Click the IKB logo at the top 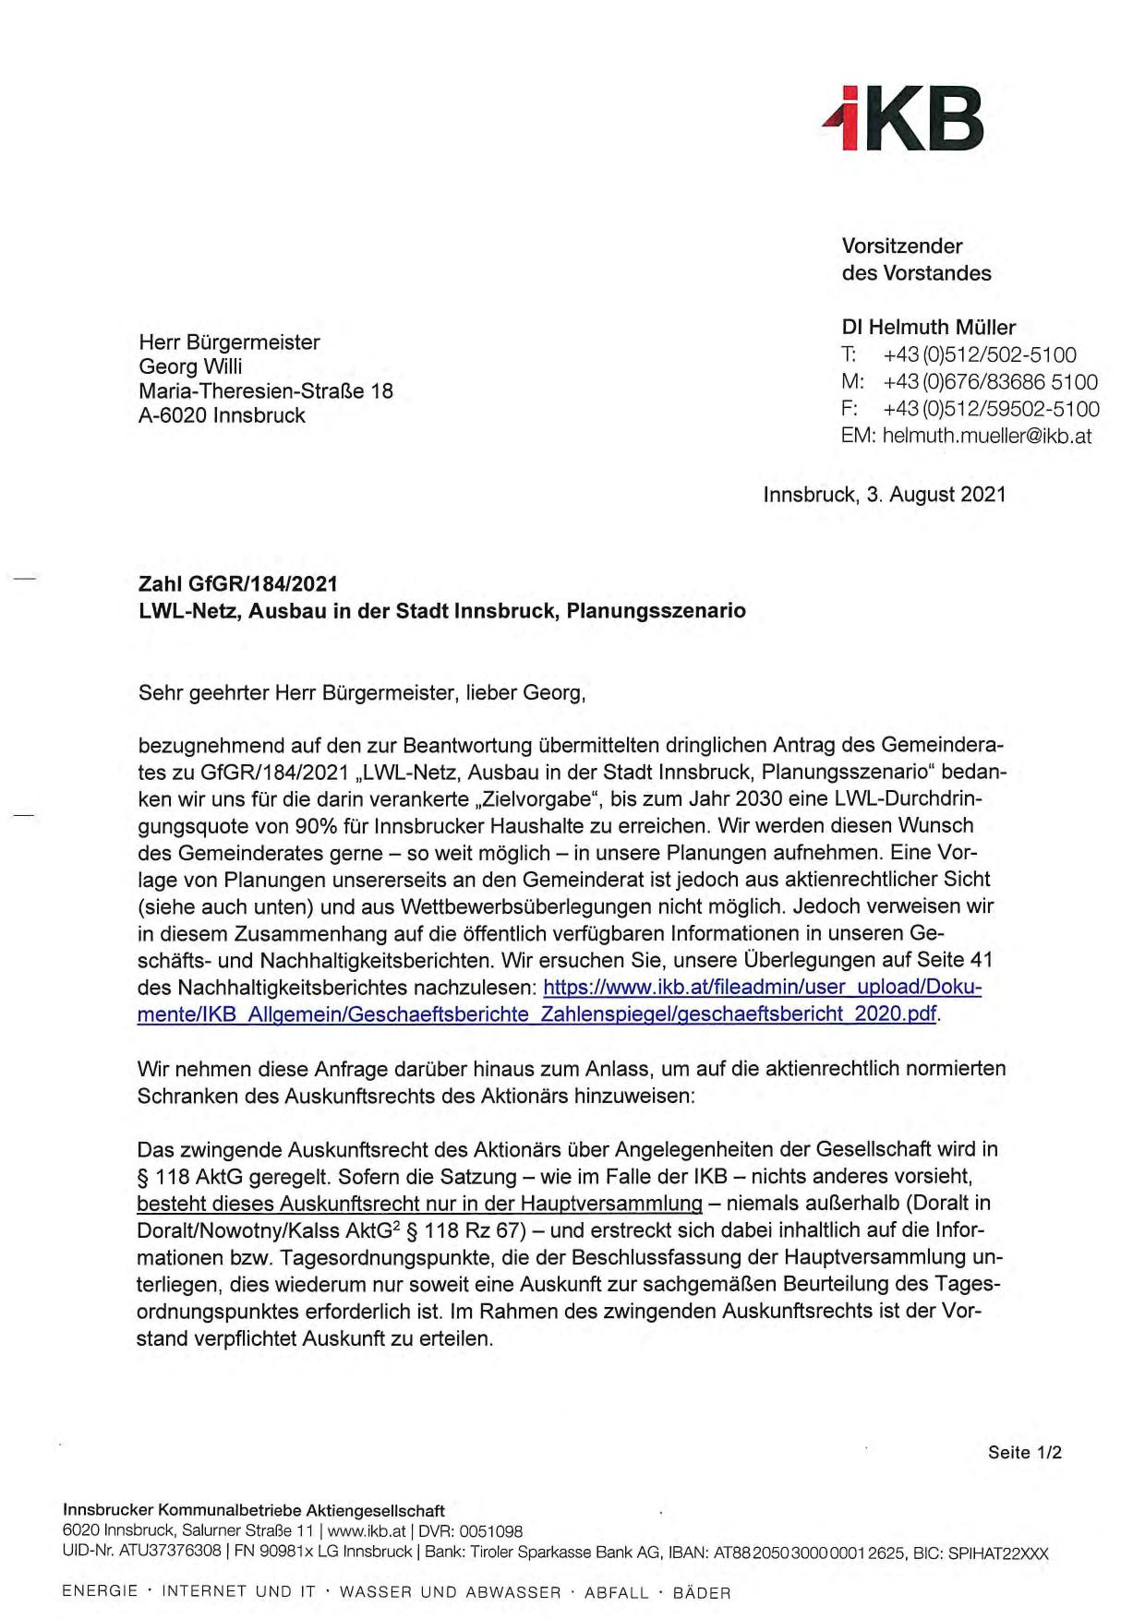903,121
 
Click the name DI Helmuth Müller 928,327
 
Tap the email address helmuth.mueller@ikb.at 986,436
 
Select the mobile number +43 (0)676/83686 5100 990,381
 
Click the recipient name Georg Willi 190,366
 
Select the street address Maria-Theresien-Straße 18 265,390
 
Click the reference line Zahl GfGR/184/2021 237,583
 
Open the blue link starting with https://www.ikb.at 762,988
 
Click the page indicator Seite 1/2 1024,1452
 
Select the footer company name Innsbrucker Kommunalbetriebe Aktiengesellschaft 254,1511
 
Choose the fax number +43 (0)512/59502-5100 991,409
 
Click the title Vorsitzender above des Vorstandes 901,246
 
